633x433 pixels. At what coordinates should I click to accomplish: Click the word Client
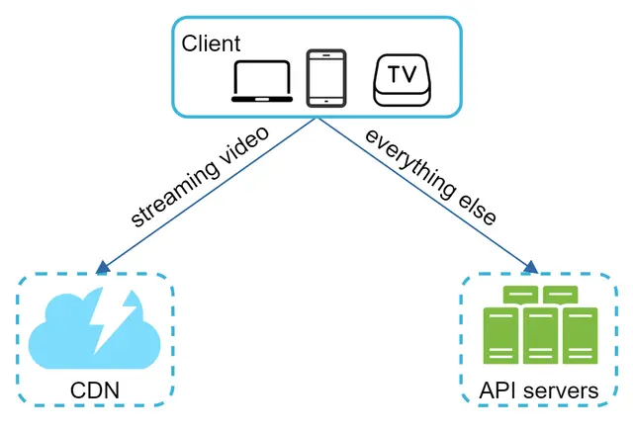[x=211, y=43]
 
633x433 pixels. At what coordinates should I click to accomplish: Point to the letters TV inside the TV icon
[x=401, y=74]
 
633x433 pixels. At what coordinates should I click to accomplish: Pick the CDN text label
[x=94, y=390]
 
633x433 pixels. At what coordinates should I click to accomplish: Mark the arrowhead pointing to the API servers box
[x=530, y=266]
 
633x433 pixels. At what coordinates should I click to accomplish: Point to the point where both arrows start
[x=317, y=118]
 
